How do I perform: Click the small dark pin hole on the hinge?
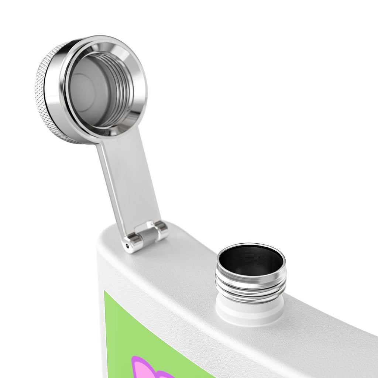(x=128, y=245)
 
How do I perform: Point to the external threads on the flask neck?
(x=251, y=288)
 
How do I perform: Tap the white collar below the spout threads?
(x=250, y=312)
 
